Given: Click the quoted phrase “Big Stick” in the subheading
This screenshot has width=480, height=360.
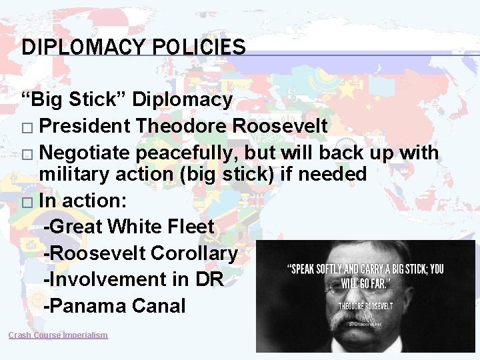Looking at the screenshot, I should (x=74, y=100).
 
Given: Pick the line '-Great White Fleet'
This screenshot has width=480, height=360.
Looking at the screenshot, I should (x=128, y=227).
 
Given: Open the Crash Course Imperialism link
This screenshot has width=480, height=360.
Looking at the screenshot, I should (x=58, y=335).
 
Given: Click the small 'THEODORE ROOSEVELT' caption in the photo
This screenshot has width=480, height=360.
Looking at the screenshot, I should (x=365, y=306).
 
